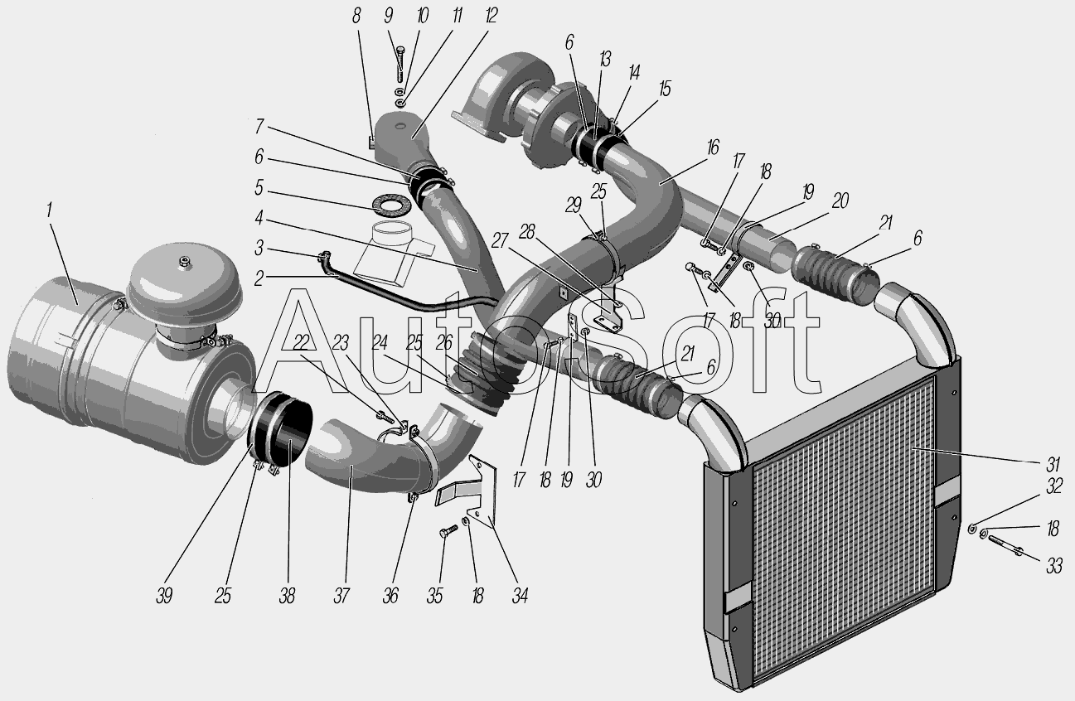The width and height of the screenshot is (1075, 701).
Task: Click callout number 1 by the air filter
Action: click(x=50, y=210)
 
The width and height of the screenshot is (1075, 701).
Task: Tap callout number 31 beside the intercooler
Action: click(x=1053, y=464)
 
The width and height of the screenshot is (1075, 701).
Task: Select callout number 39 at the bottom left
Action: click(x=164, y=597)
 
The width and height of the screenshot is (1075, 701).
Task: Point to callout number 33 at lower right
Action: click(x=1054, y=567)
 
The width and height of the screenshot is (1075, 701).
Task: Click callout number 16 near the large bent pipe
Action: click(x=713, y=147)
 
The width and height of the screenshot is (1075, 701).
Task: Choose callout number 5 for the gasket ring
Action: click(x=259, y=187)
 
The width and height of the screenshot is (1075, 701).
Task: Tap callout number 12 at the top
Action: click(x=491, y=16)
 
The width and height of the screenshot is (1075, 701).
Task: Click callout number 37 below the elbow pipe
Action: click(x=341, y=597)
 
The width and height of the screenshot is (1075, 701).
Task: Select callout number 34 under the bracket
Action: click(x=520, y=597)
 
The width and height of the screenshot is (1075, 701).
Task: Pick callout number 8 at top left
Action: click(x=356, y=16)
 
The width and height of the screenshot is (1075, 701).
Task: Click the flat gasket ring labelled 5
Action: click(x=392, y=206)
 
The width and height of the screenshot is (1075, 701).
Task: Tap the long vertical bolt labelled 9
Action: click(x=401, y=64)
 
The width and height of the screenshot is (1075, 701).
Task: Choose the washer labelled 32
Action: click(x=971, y=529)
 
